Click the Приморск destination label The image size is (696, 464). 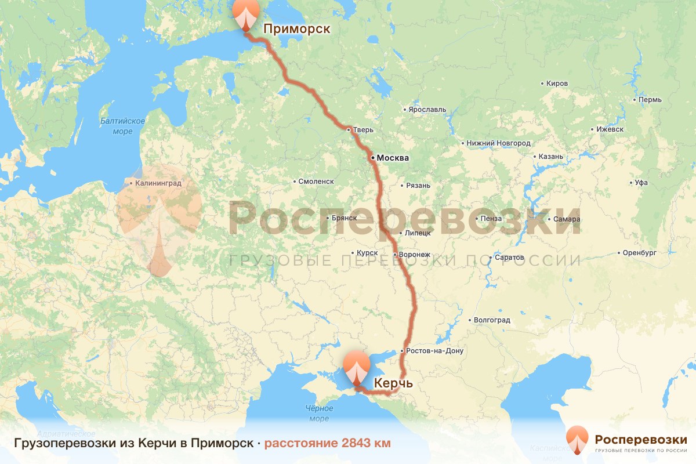(296, 28)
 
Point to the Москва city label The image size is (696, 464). (393, 158)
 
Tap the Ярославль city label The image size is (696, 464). (427, 109)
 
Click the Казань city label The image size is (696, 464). (550, 157)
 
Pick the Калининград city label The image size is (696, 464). (158, 183)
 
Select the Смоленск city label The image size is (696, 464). (316, 182)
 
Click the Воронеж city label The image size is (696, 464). (415, 255)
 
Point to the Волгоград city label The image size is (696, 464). (492, 320)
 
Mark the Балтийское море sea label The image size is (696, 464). (122, 126)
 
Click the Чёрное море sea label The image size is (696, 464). (319, 413)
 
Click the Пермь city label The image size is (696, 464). (650, 100)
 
